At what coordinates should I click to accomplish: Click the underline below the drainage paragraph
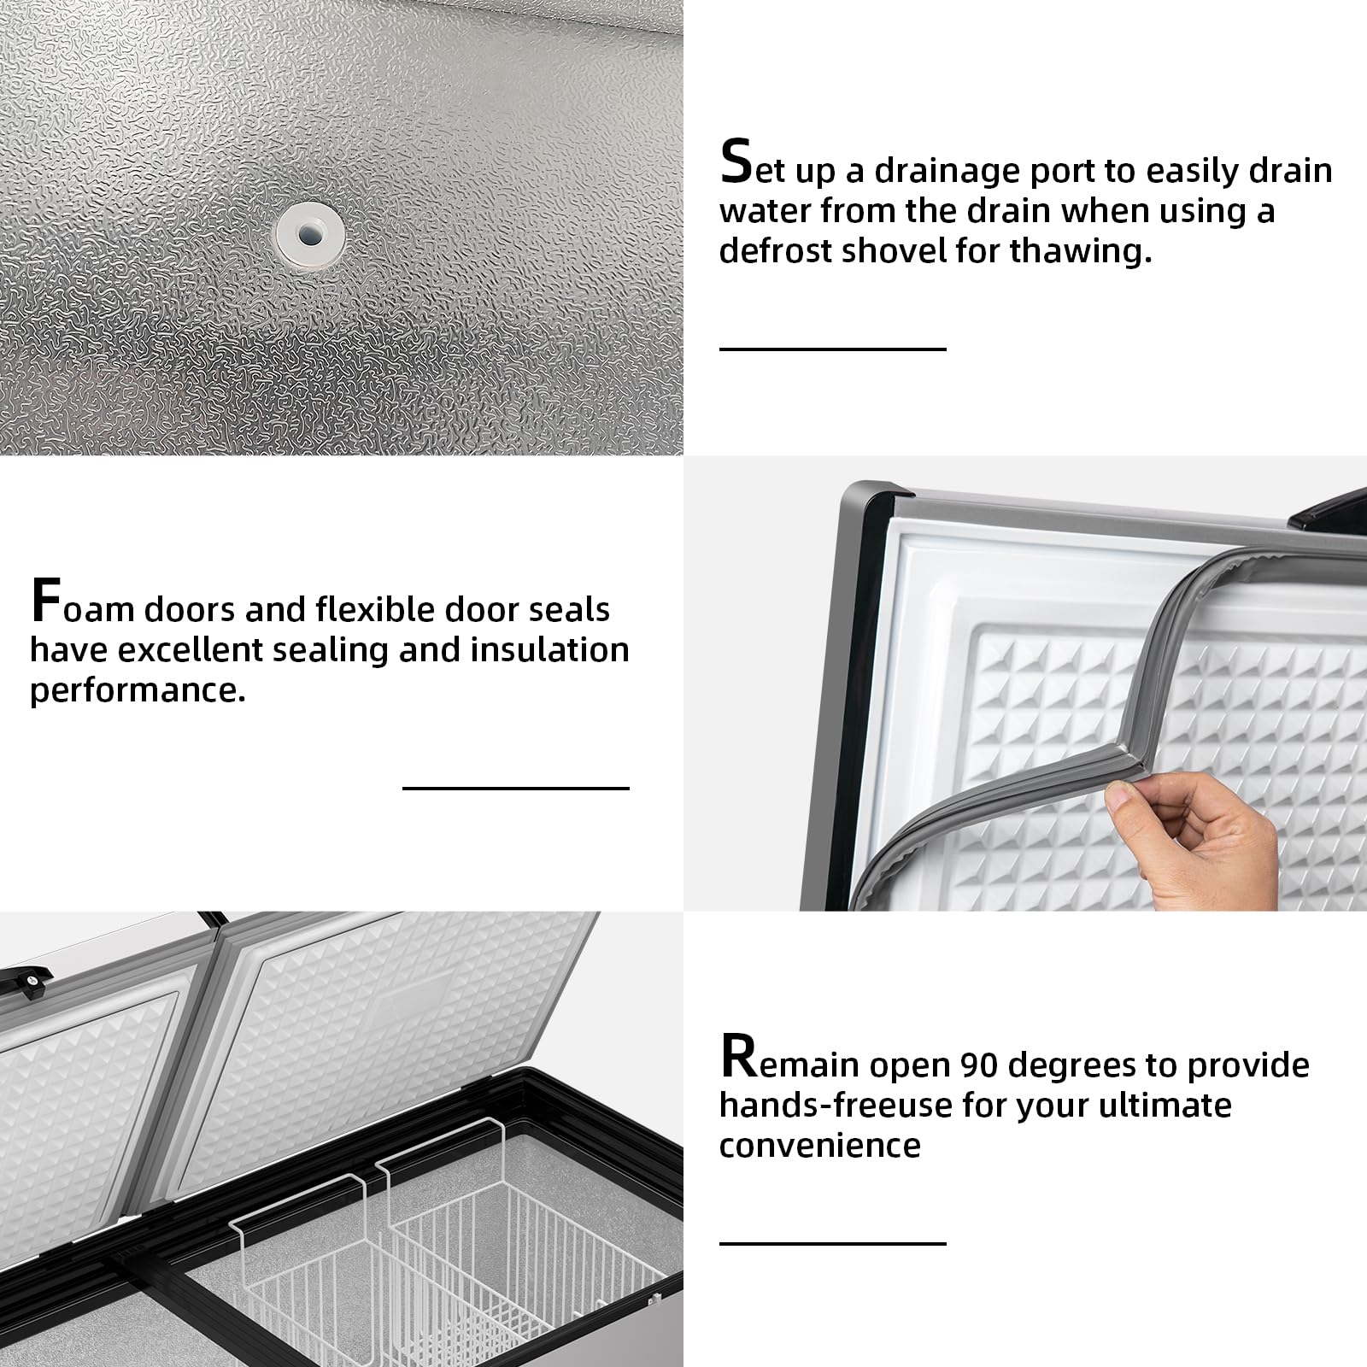pyautogui.click(x=832, y=349)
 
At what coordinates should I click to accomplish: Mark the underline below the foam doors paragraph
pyautogui.click(x=515, y=788)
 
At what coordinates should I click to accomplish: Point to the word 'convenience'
pyautogui.click(x=819, y=1146)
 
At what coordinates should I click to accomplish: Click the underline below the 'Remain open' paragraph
pyautogui.click(x=832, y=1243)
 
